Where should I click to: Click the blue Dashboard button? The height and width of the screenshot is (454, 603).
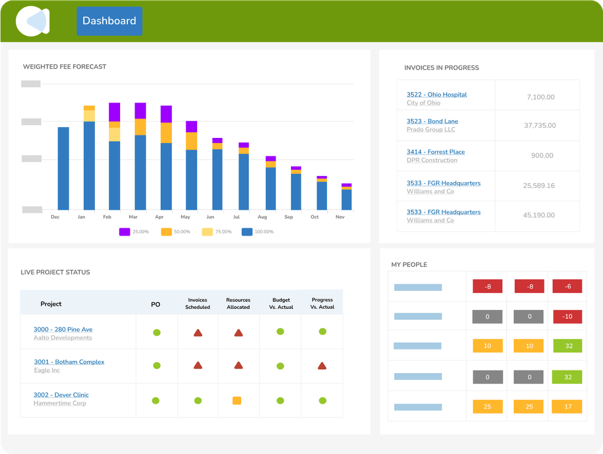click(x=109, y=21)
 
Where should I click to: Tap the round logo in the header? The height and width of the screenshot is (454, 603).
click(x=32, y=21)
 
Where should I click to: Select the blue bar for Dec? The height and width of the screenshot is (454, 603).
click(x=64, y=168)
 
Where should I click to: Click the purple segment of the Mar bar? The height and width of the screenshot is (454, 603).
click(x=140, y=111)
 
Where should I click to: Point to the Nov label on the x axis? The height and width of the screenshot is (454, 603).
click(x=340, y=217)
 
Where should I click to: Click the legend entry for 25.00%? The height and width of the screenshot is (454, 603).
click(x=133, y=232)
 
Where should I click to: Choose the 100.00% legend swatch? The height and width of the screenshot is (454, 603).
click(x=247, y=232)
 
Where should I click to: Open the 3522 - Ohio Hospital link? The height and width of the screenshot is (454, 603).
click(x=437, y=95)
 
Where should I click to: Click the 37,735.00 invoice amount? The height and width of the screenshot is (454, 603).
click(x=539, y=126)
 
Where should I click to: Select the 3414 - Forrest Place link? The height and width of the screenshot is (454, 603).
click(x=435, y=152)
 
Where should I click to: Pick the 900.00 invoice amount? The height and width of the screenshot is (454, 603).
click(x=542, y=156)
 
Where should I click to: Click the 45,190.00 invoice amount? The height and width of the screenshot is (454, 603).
click(x=539, y=215)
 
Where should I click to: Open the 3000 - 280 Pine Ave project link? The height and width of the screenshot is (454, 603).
click(x=63, y=329)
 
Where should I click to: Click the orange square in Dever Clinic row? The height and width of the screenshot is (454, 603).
click(x=237, y=400)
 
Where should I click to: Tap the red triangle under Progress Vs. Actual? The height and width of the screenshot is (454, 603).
click(x=322, y=366)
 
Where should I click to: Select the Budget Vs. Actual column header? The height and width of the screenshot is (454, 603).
click(x=281, y=303)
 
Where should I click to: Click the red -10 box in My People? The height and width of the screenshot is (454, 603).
click(x=567, y=317)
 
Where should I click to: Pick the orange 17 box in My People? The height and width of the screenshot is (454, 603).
click(x=567, y=407)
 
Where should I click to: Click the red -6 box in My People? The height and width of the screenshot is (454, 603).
click(x=567, y=286)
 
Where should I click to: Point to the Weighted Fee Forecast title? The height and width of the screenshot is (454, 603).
click(x=64, y=66)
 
